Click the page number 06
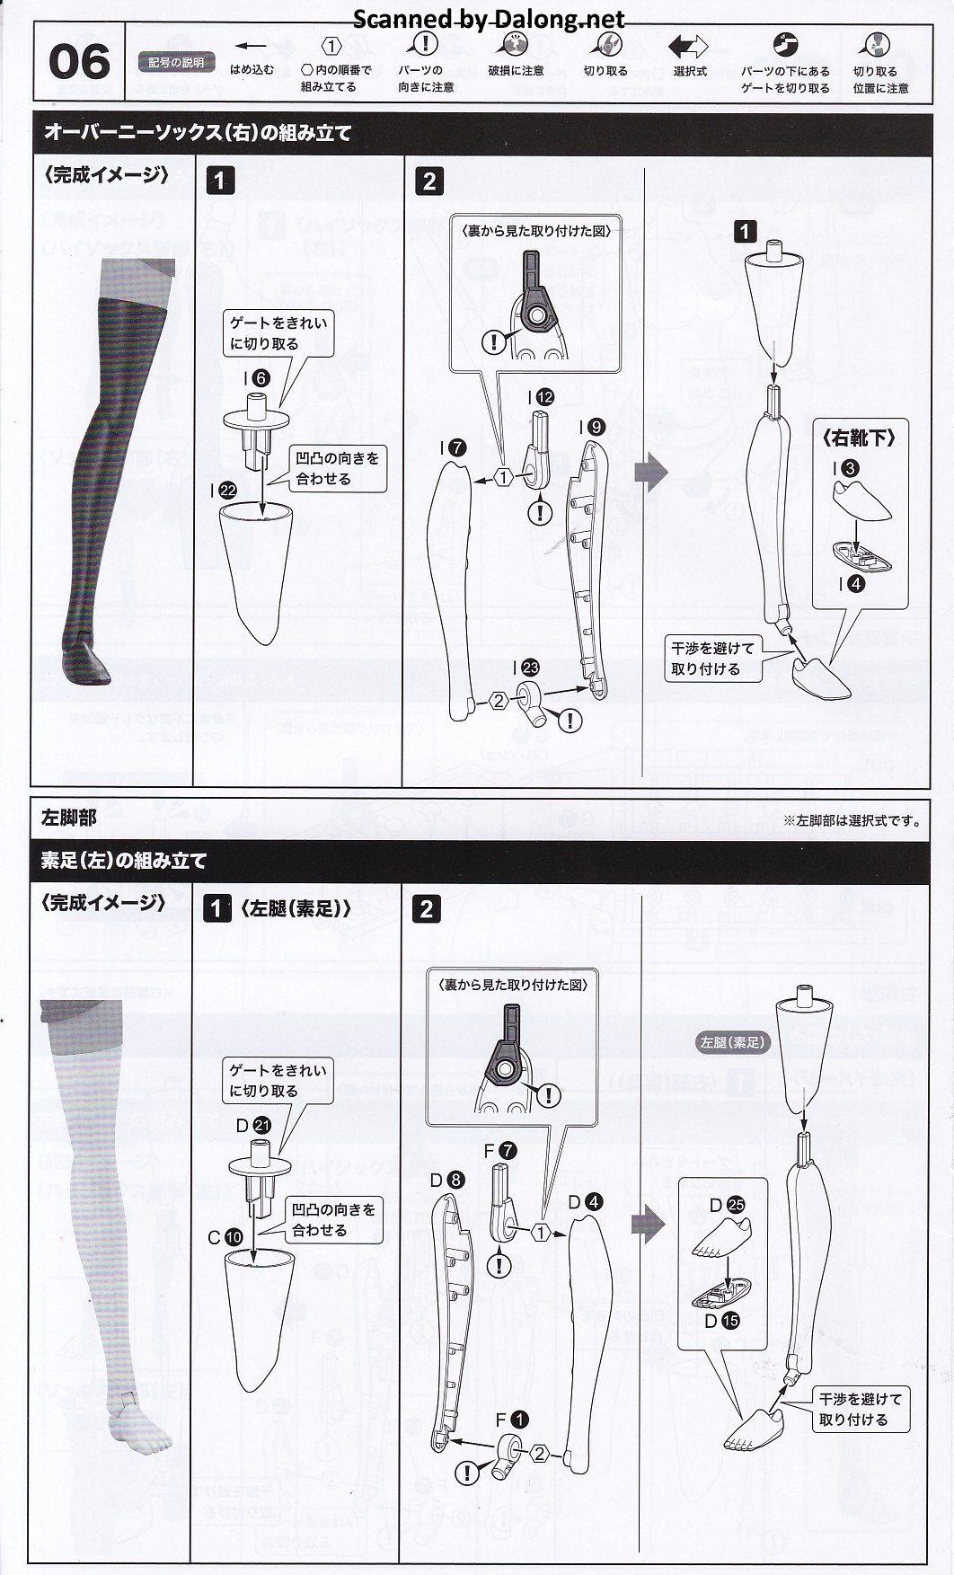79,63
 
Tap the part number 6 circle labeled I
261,378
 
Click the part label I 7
453,447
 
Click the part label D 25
727,1205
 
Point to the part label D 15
721,1321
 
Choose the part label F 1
512,1420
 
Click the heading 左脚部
68,818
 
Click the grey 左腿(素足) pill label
733,1042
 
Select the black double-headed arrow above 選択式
688,46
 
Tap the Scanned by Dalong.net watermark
489,19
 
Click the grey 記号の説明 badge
176,63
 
